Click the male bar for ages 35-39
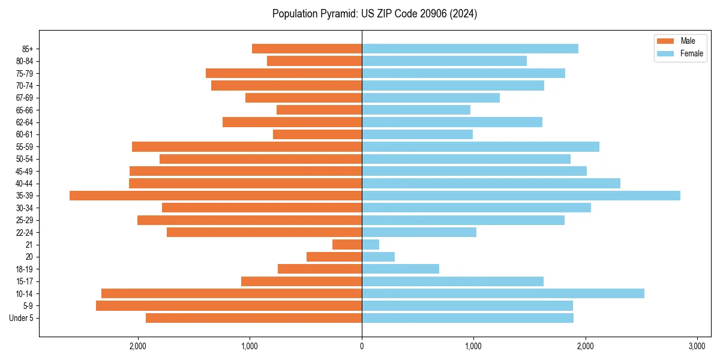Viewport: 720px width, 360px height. [215, 196]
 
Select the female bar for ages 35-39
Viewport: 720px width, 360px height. [521, 196]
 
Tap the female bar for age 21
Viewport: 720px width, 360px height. [370, 245]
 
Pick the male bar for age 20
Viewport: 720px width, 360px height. [334, 257]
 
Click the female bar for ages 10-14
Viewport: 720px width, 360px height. [503, 293]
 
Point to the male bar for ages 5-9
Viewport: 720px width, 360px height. [229, 306]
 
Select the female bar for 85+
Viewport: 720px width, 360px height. [470, 49]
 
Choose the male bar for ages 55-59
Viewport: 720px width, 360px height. [247, 147]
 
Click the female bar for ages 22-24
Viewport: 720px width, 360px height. [419, 232]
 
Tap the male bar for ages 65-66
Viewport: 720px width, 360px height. [319, 110]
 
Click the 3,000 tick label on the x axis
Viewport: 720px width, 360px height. [697, 346]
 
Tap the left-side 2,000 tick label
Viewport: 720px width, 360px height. [138, 346]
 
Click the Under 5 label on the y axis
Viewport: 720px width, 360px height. [21, 318]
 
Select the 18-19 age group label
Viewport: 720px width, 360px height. [25, 269]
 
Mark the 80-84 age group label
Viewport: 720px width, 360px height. [25, 61]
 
